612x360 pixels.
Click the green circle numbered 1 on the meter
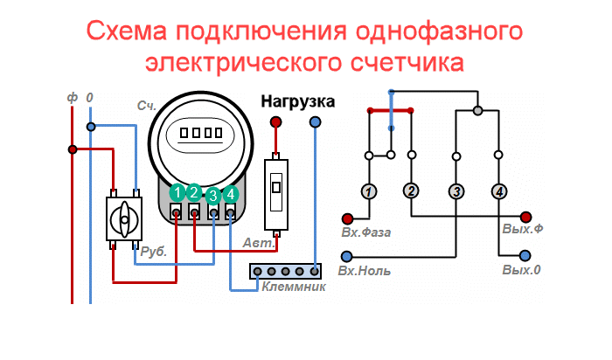(x=177, y=192)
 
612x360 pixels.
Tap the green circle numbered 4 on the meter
(x=230, y=194)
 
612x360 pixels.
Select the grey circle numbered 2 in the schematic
(x=411, y=190)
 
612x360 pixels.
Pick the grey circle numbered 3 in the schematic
(x=456, y=191)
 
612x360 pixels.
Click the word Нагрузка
(x=298, y=101)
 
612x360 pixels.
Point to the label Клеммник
(x=294, y=287)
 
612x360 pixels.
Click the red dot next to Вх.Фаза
(x=347, y=218)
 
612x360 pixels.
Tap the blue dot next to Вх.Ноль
(x=346, y=256)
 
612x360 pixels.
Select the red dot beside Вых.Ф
(x=525, y=217)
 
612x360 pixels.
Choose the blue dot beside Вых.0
(x=525, y=255)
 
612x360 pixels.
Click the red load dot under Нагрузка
(x=276, y=122)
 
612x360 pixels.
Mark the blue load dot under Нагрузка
(x=316, y=122)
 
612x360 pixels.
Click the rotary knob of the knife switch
(x=124, y=220)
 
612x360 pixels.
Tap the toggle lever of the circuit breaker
(x=276, y=188)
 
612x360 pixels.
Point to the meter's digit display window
(x=200, y=134)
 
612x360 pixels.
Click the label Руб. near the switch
(x=153, y=251)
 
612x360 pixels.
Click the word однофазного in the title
(x=439, y=31)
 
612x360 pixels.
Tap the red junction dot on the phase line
(x=73, y=149)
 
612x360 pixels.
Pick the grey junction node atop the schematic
(x=477, y=111)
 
